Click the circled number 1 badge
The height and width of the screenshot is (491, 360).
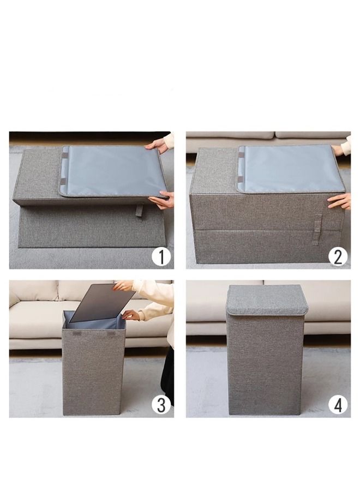point(161,255)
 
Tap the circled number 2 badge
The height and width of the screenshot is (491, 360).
point(338,255)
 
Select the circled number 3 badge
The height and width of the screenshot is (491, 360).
point(161,404)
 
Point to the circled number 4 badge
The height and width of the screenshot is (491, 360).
point(338,404)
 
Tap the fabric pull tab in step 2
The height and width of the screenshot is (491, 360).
point(317,224)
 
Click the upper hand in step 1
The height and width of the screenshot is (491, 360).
point(158,145)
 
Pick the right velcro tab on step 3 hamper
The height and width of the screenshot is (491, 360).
point(111,333)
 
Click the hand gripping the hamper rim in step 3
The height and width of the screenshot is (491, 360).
point(130,315)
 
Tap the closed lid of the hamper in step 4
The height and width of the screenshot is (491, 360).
point(267,300)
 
